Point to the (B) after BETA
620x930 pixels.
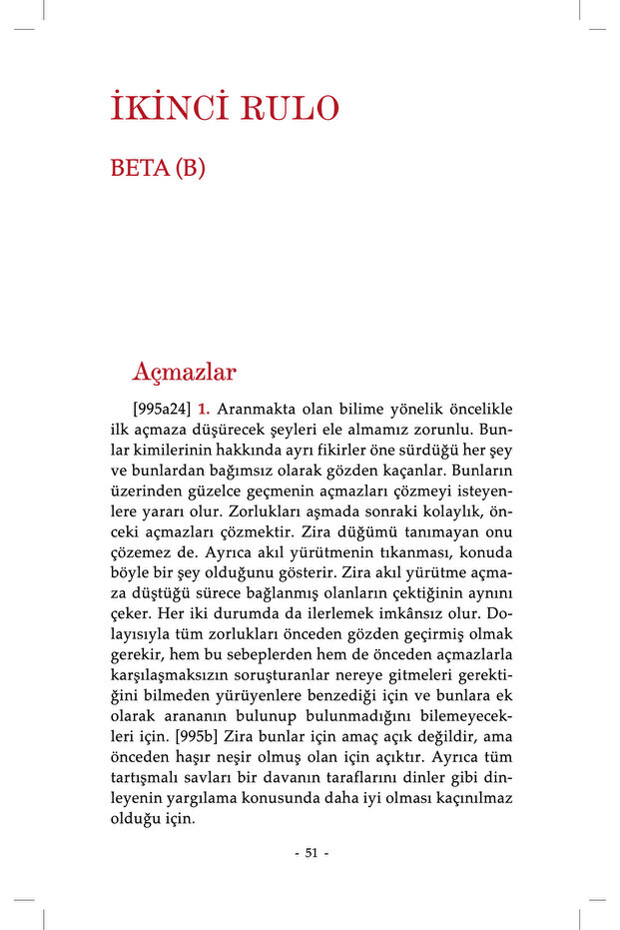pyautogui.click(x=190, y=168)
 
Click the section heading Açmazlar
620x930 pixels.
pyautogui.click(x=184, y=373)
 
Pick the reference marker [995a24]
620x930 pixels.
pyautogui.click(x=162, y=410)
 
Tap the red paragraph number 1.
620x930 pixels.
pyautogui.click(x=203, y=410)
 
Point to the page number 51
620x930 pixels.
pyautogui.click(x=310, y=852)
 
